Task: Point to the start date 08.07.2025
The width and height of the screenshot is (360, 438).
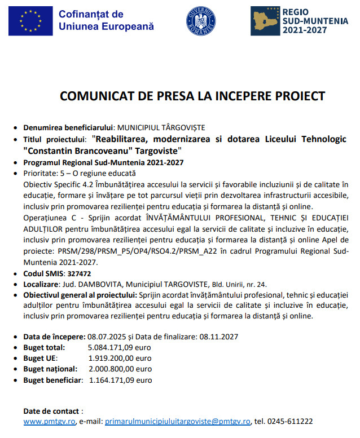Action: click(x=107, y=337)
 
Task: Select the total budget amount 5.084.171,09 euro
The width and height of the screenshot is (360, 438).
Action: click(x=120, y=347)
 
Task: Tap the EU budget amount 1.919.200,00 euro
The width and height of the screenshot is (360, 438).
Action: click(x=120, y=358)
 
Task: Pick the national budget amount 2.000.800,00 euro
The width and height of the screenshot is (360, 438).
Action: click(x=120, y=369)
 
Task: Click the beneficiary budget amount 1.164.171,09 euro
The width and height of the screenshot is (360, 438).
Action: click(x=120, y=380)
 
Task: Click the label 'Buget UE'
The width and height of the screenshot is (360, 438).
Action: click(x=40, y=358)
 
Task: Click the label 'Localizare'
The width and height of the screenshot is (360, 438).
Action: click(x=42, y=284)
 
